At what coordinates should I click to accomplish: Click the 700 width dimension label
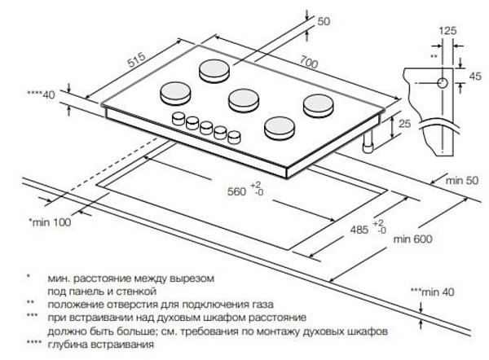pos(307,61)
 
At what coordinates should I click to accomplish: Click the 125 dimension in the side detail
pos(446,31)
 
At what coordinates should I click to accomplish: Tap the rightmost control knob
pos(236,136)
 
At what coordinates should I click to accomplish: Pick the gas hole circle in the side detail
pos(441,83)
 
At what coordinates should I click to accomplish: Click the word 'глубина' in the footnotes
pos(68,345)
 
